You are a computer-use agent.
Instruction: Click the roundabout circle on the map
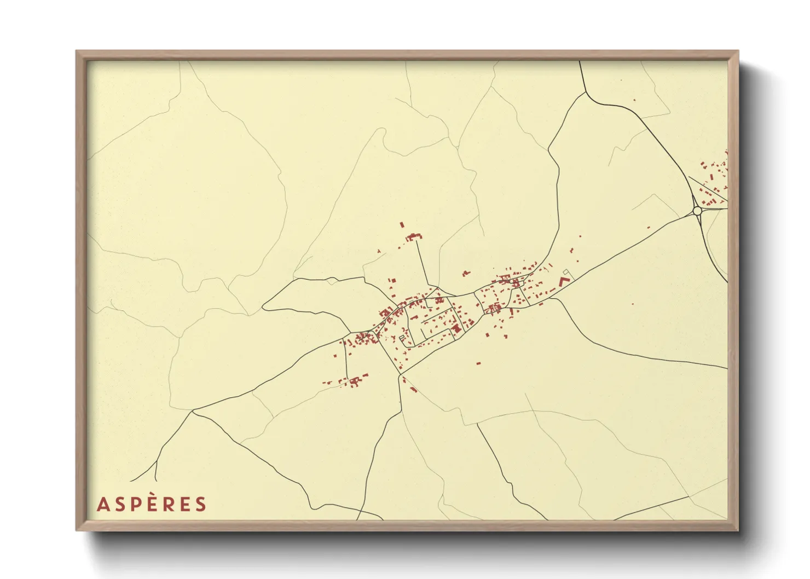click(697, 210)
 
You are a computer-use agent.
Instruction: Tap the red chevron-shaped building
click(564, 281)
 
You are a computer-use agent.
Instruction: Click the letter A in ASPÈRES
click(102, 505)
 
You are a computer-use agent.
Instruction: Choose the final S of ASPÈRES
click(201, 505)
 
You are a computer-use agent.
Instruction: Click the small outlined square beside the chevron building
click(566, 272)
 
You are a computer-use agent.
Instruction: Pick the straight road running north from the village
click(424, 263)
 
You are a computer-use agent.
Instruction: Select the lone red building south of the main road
click(479, 362)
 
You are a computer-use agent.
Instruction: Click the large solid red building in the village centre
click(456, 328)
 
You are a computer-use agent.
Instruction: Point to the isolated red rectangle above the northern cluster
click(402, 225)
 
